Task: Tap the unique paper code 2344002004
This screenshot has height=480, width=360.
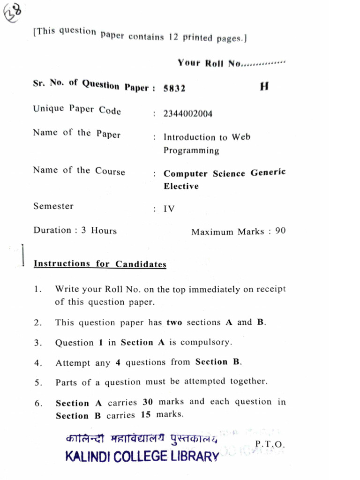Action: coord(187,114)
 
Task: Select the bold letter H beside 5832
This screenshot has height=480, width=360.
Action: coord(264,87)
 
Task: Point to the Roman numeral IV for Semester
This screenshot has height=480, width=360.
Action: coord(169,209)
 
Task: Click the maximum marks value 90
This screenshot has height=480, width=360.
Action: coord(280,231)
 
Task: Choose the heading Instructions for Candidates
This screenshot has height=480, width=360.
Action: coord(100,264)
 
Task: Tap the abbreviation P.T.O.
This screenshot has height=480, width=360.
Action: coord(270,444)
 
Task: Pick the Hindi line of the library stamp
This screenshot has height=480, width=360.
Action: coord(142,439)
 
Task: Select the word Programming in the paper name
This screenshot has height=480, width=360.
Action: coord(191,150)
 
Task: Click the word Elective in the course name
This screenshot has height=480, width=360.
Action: coord(181,186)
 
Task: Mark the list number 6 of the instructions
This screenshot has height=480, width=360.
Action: coord(38,403)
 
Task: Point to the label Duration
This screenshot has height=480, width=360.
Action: coord(52,230)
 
